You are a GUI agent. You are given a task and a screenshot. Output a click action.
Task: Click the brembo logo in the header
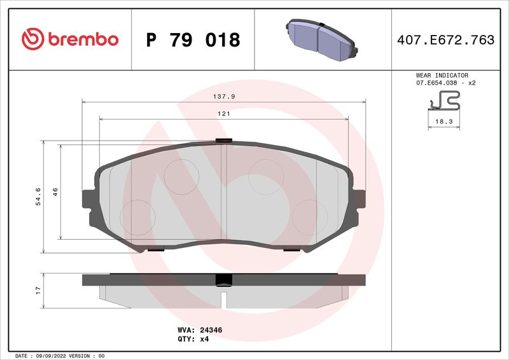click(x=70, y=39)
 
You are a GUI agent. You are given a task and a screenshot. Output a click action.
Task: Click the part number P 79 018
click(x=193, y=40)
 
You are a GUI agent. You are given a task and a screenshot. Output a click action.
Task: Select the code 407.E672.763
click(x=445, y=40)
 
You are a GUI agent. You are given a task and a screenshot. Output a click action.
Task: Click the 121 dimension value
click(x=224, y=113)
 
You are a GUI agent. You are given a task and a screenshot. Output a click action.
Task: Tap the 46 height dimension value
click(x=55, y=191)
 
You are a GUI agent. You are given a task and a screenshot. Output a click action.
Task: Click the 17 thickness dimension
click(x=38, y=289)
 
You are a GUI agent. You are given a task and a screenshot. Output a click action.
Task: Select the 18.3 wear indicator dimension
click(x=443, y=121)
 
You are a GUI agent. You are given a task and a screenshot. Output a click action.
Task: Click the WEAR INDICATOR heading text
click(x=442, y=75)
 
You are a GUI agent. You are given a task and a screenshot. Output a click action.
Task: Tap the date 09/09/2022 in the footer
click(x=48, y=356)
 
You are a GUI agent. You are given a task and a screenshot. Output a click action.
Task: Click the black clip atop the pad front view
click(x=223, y=141)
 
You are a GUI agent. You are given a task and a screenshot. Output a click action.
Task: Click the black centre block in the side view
click(x=223, y=280)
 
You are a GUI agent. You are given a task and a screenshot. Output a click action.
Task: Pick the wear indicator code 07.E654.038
click(x=439, y=83)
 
